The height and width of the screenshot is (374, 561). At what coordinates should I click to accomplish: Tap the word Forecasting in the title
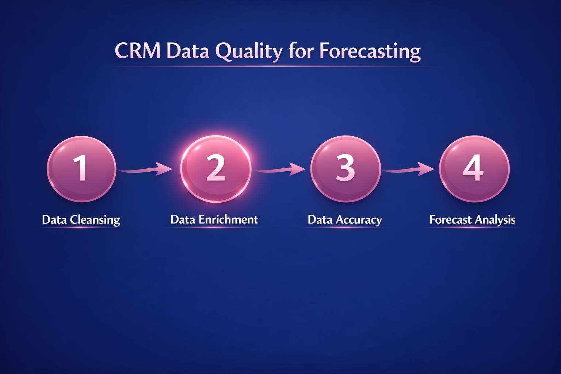(370, 51)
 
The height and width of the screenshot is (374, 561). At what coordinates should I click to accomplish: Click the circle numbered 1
(81, 169)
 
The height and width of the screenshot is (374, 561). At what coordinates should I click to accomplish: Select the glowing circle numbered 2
(216, 169)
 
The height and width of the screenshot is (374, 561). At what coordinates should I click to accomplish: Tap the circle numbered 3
(345, 169)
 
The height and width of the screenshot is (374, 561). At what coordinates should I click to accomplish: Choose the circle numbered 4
(474, 169)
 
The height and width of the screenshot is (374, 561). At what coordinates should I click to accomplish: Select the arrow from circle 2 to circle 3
(280, 169)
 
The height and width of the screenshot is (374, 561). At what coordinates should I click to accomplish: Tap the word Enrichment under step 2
(228, 220)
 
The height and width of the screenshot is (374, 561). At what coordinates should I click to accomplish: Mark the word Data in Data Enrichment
(183, 220)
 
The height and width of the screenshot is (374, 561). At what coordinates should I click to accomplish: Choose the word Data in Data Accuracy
(320, 220)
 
